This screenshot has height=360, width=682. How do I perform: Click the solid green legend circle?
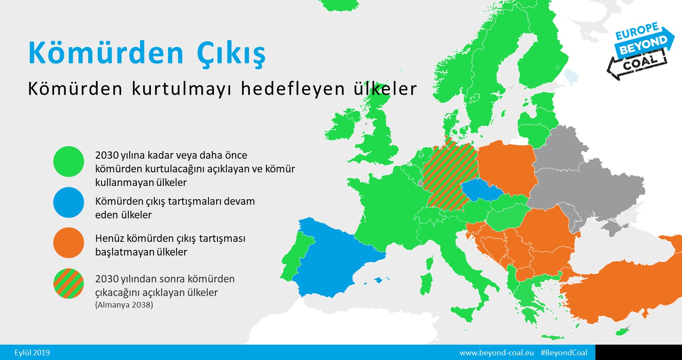click(69, 161)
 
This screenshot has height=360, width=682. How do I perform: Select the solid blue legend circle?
click(69, 202)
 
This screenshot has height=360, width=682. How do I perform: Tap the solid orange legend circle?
click(69, 243)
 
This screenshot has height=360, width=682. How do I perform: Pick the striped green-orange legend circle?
click(69, 283)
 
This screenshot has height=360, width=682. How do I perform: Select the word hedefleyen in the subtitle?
click(292, 89)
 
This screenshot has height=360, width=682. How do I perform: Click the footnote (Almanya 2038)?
click(124, 305)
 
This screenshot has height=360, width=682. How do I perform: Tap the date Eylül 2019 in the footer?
click(32, 353)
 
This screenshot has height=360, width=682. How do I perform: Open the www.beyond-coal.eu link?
click(497, 353)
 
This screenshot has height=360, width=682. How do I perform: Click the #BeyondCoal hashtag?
click(564, 353)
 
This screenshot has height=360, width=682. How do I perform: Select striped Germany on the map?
click(448, 177)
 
